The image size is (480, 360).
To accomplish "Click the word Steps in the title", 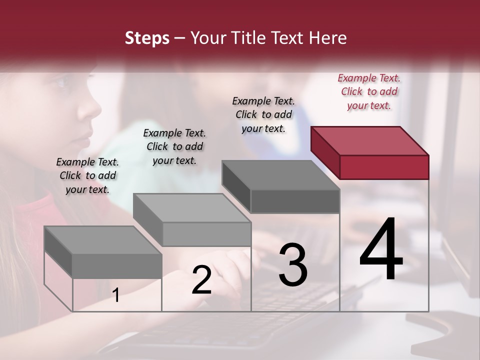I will [147, 38].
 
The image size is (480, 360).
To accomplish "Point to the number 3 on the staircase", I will [293, 265].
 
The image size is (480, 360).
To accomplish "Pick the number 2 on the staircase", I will [201, 280].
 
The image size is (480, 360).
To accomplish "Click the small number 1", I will [115, 295].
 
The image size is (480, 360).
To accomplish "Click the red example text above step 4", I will [369, 91].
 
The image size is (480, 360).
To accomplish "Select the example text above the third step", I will [263, 114].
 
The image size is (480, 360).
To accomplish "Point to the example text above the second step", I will [174, 146].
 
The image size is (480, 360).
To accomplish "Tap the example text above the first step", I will [87, 175].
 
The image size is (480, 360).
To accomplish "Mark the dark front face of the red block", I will [384, 167].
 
